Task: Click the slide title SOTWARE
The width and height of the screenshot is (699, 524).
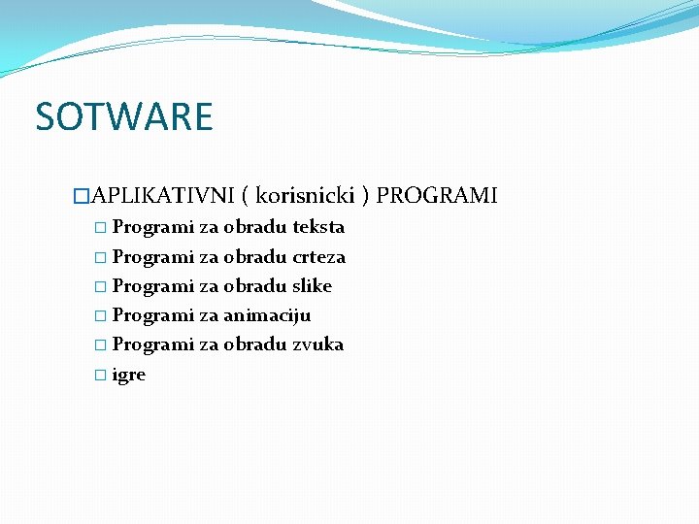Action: (x=123, y=117)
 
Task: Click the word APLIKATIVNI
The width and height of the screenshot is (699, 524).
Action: (x=162, y=197)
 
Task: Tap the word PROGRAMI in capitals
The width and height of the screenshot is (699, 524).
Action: (x=436, y=197)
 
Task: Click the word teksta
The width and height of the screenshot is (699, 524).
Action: (x=318, y=228)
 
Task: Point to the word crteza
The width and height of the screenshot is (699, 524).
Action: (x=318, y=257)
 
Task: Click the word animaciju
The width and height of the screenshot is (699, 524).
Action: (x=267, y=315)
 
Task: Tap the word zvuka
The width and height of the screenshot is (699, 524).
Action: (x=317, y=344)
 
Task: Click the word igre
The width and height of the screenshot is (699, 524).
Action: (x=129, y=375)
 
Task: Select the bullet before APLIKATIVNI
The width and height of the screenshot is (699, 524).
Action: (x=82, y=197)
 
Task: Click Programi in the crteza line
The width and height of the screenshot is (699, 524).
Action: (x=153, y=257)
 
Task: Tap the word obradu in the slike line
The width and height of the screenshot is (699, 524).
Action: (x=254, y=286)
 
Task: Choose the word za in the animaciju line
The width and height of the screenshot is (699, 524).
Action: (x=209, y=315)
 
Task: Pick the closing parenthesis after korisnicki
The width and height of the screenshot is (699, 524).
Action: (x=365, y=197)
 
